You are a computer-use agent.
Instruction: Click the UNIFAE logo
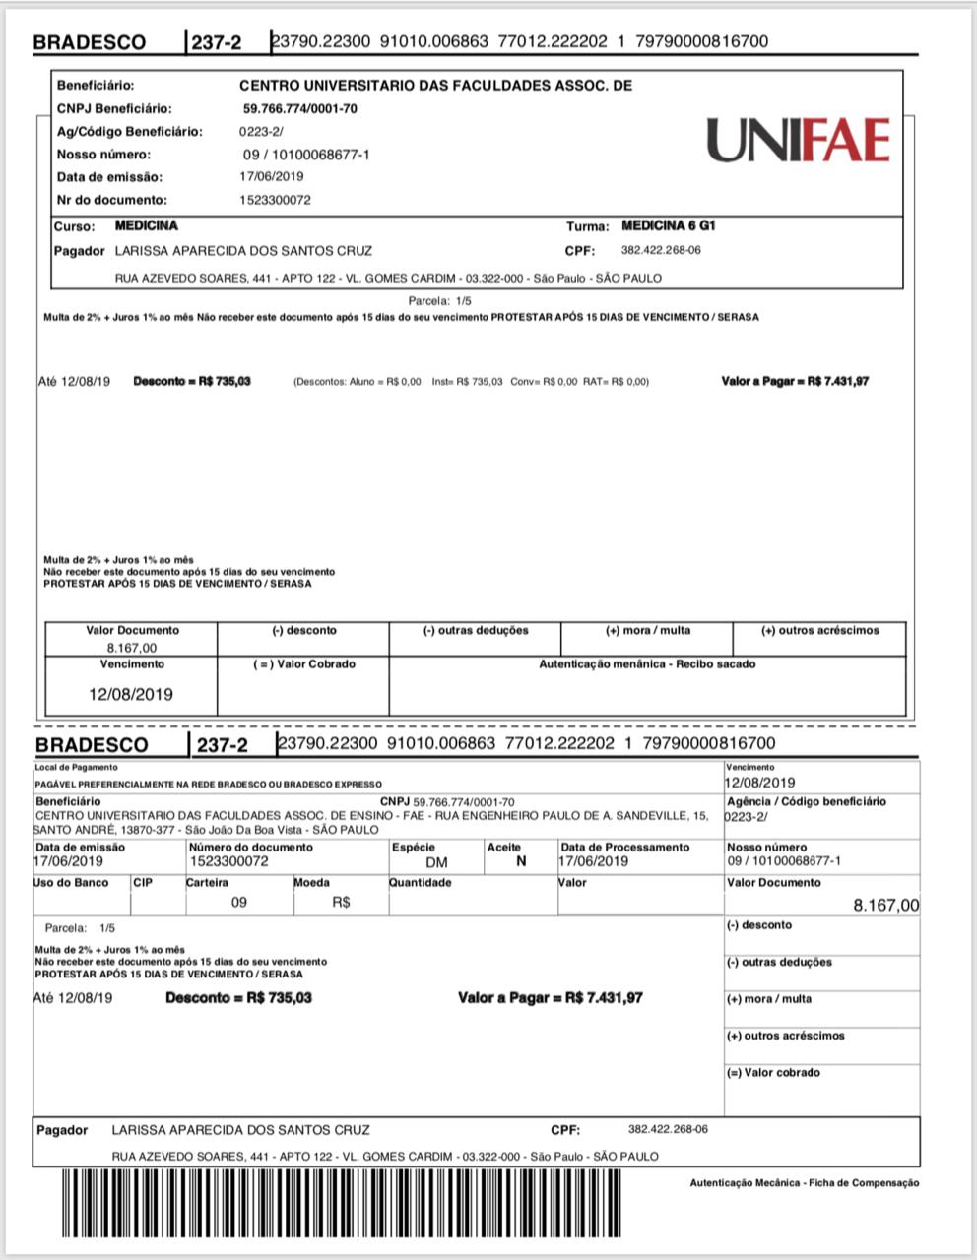click(x=798, y=141)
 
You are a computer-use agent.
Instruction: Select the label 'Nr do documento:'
click(x=112, y=200)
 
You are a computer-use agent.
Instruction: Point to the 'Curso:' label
click(x=75, y=226)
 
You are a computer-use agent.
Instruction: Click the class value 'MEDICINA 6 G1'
click(x=669, y=226)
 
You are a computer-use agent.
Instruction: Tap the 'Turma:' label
click(x=587, y=226)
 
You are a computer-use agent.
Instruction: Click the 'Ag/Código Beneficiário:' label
click(x=130, y=131)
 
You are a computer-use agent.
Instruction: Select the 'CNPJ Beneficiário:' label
click(x=114, y=108)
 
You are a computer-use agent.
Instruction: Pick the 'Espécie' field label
click(x=414, y=847)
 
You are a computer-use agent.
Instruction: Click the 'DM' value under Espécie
click(x=436, y=862)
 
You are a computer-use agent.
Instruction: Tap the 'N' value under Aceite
click(x=521, y=861)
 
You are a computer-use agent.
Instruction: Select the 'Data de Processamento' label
click(x=625, y=847)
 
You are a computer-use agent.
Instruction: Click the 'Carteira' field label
click(x=208, y=882)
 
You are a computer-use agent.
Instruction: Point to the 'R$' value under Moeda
click(x=342, y=902)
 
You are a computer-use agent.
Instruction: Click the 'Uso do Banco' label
click(x=71, y=882)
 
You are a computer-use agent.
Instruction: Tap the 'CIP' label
click(x=143, y=882)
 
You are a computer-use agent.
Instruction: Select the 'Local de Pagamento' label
click(x=76, y=767)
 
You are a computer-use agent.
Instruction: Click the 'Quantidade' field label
click(x=421, y=882)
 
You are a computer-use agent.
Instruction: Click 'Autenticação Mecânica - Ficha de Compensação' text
click(x=804, y=1182)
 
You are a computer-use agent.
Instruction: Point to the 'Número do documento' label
click(x=251, y=847)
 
